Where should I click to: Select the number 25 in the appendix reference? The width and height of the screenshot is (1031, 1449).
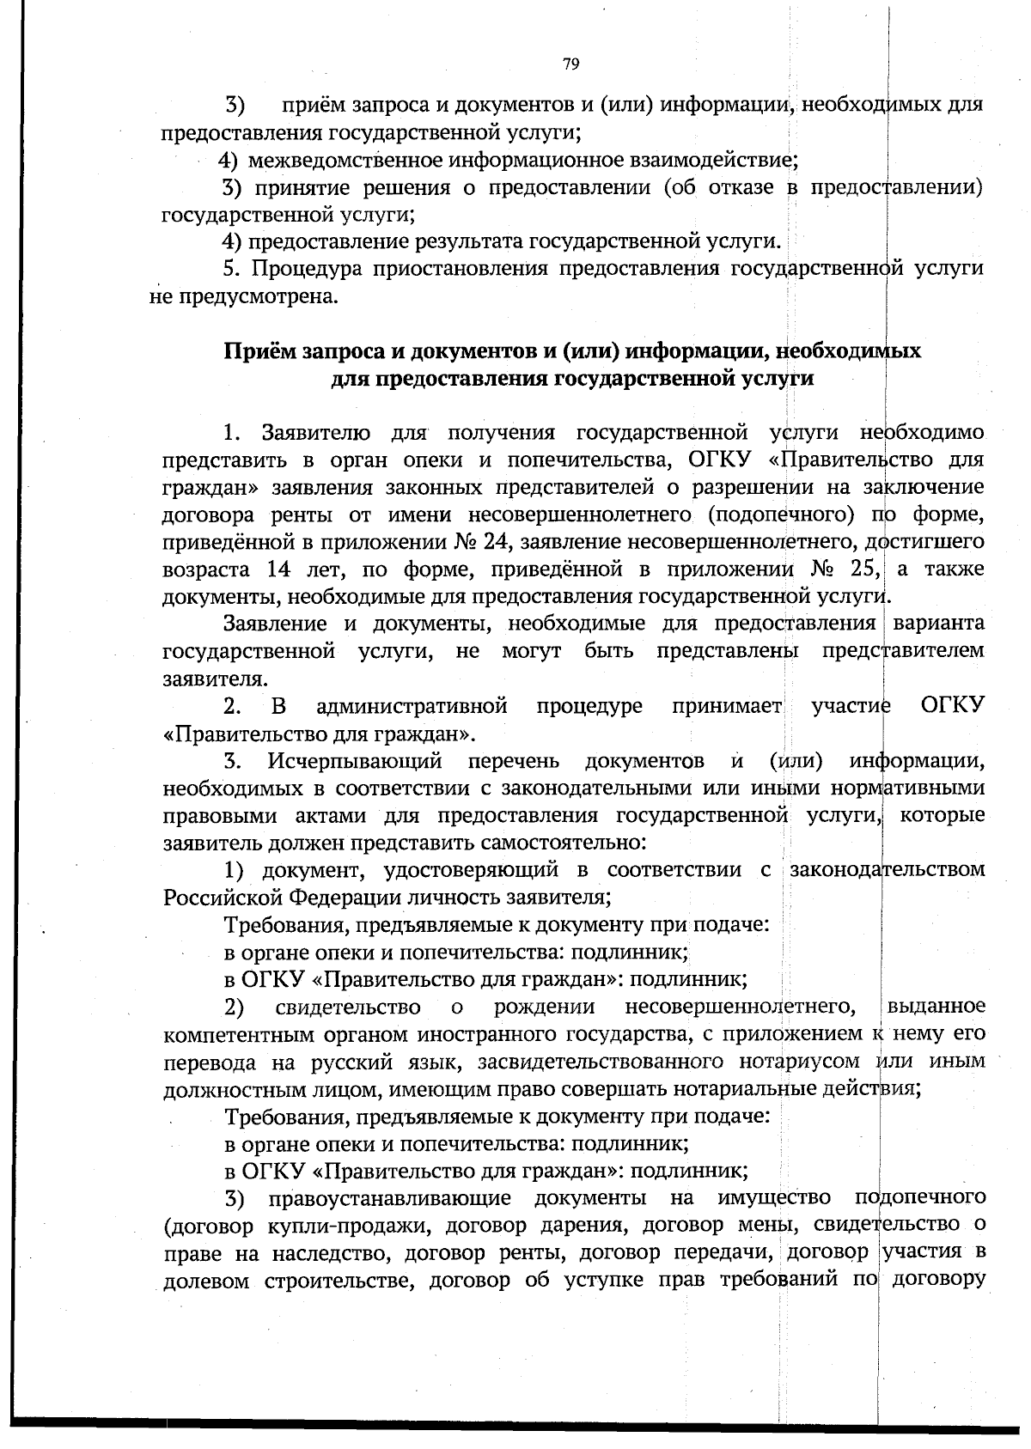click(x=863, y=569)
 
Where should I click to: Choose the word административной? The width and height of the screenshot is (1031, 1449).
click(x=412, y=707)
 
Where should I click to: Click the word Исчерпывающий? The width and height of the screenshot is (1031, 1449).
click(x=355, y=761)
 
